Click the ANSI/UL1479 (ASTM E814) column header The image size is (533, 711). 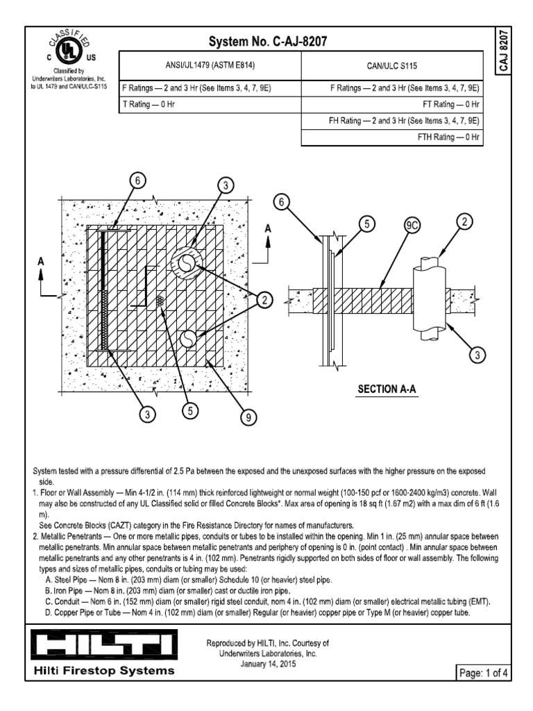pyautogui.click(x=210, y=65)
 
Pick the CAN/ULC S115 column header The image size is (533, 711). pyautogui.click(x=391, y=65)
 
